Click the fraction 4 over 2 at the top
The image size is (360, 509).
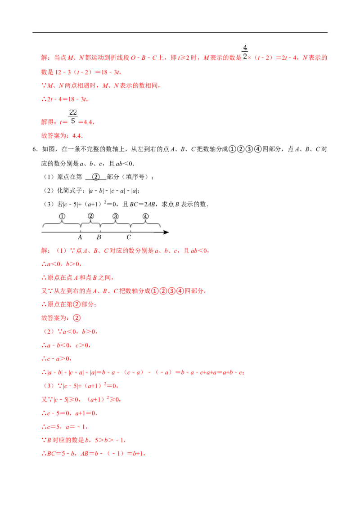point(245,52)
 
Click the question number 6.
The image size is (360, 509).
point(35,149)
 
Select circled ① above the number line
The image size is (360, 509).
point(62,216)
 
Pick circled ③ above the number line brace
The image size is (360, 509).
point(115,216)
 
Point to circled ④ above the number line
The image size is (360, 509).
point(145,216)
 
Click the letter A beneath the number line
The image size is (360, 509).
point(80,237)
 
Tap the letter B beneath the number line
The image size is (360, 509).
point(99,237)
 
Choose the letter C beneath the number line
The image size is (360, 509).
point(129,237)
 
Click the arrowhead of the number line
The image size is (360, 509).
point(166,232)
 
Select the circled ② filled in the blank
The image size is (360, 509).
point(96,177)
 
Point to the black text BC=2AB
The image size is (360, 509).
point(143,204)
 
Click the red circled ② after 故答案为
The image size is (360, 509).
point(76,318)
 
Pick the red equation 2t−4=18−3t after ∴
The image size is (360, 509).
point(67,99)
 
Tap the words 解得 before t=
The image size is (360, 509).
point(47,122)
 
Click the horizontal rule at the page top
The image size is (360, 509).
point(180,33)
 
